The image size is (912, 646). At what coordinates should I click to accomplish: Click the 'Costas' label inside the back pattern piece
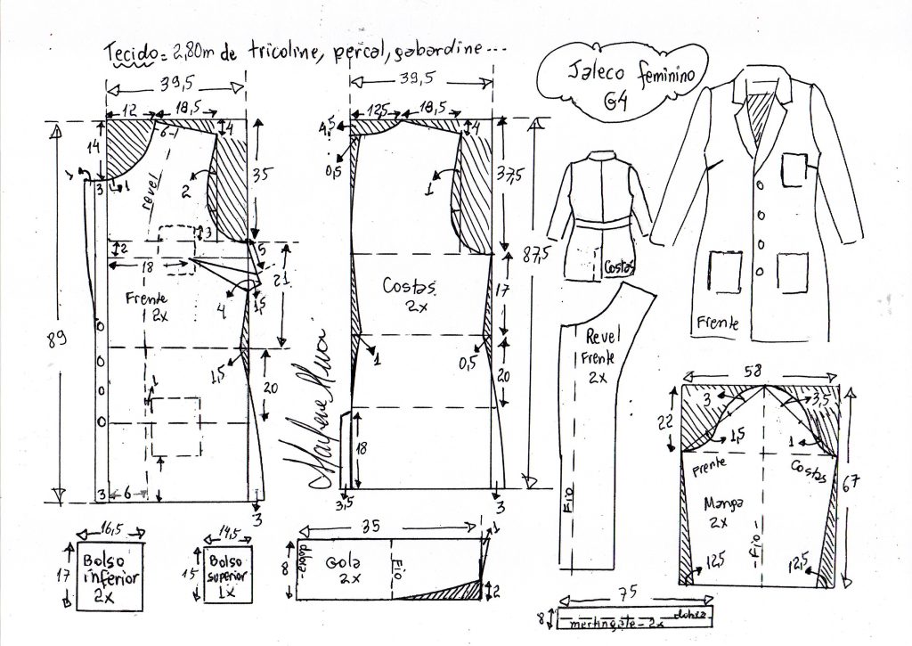click(x=410, y=287)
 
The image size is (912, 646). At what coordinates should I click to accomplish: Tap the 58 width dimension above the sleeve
click(x=763, y=367)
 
